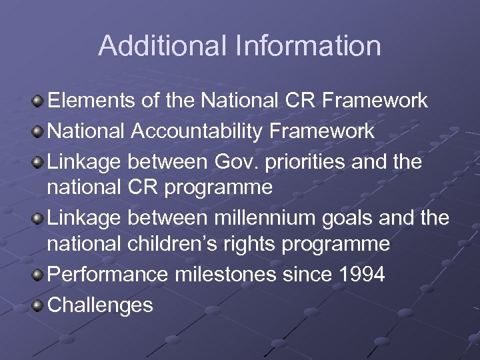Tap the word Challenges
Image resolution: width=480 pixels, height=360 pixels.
point(101,305)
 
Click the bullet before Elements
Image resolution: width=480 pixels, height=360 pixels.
point(39,101)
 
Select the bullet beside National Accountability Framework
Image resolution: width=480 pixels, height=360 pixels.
point(39,131)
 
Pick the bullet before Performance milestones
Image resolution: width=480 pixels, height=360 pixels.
point(39,275)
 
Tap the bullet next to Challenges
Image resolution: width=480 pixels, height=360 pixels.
point(39,305)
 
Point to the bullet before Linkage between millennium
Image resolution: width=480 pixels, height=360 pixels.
point(39,218)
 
